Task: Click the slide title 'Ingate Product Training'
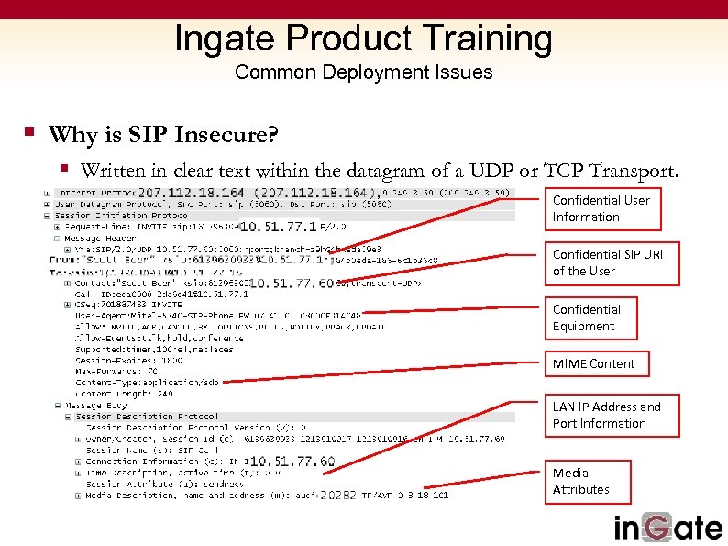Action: coord(363,39)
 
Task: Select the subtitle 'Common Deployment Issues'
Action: coord(363,72)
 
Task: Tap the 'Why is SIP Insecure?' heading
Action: coord(163,136)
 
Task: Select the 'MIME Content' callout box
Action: coord(593,364)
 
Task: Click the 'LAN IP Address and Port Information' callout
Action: coord(614,415)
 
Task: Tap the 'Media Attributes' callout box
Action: coord(590,481)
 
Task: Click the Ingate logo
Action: coord(667,528)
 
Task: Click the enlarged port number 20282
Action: coord(338,496)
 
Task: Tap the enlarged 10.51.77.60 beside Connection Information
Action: coord(292,462)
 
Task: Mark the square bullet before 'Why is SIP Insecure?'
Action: coord(29,134)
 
